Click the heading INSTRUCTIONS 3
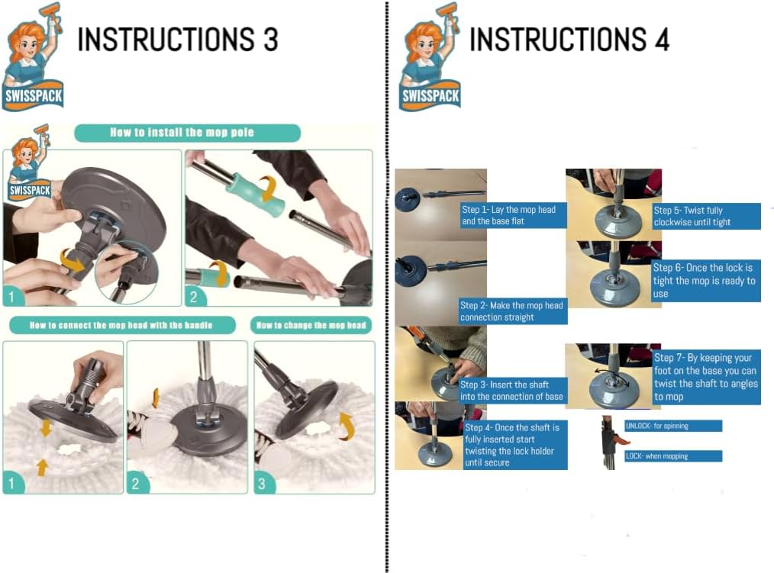tap(178, 40)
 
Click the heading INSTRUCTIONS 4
tap(569, 40)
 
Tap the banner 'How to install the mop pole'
tap(187, 133)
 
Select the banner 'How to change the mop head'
tap(311, 325)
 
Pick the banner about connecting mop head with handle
tap(122, 325)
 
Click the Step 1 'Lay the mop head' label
tap(514, 215)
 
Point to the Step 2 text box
tap(513, 311)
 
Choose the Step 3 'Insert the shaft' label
tap(512, 391)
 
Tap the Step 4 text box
tap(514, 445)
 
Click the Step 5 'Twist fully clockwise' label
tap(706, 216)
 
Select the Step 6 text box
tap(706, 280)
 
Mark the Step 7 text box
tap(706, 377)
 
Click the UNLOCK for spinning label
tap(673, 426)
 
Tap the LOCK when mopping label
tap(673, 456)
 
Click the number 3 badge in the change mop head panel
tap(262, 484)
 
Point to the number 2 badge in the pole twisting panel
tap(194, 297)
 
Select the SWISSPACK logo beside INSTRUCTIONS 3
tap(34, 57)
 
